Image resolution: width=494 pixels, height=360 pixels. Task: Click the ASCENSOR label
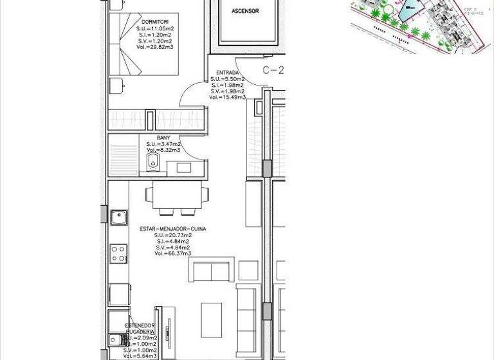point(245,11)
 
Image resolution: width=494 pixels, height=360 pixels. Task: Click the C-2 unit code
point(273,70)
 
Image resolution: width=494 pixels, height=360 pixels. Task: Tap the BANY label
point(163,137)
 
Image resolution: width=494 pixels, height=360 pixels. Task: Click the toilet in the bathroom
point(152,162)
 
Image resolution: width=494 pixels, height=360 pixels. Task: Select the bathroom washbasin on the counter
point(183,168)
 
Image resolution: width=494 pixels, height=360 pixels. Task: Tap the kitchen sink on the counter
point(118,217)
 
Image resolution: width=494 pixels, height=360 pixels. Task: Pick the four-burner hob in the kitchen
point(118,253)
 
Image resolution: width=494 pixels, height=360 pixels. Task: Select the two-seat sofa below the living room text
point(211,270)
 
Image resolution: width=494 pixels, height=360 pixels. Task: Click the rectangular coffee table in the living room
point(211,319)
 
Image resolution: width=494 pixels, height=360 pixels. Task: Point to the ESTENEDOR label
point(140,326)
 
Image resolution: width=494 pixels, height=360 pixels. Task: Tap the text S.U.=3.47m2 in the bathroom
point(163,144)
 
